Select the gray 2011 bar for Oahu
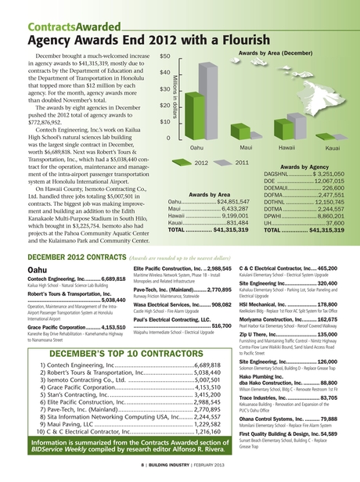click(208, 96)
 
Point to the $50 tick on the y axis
click(165, 57)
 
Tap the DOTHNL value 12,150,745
click(320, 202)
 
